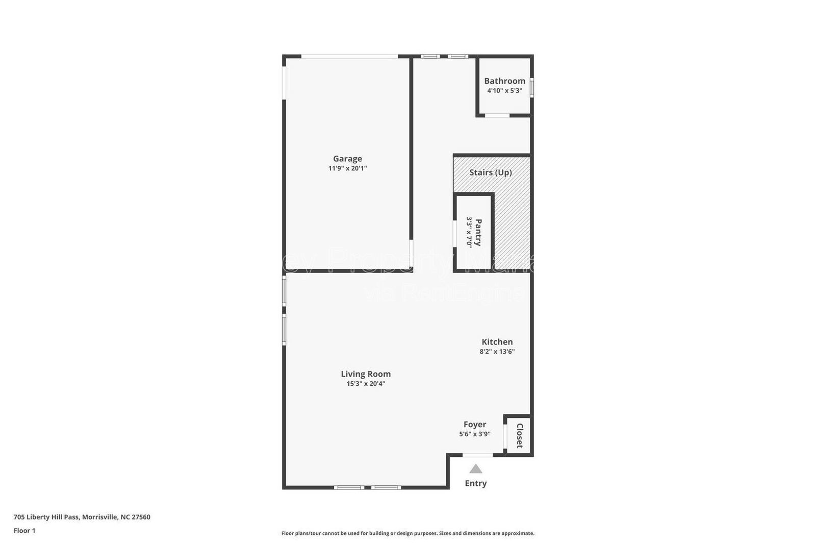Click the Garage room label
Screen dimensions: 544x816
347,159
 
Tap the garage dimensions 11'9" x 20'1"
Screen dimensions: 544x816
347,168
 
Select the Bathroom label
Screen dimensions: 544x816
504,81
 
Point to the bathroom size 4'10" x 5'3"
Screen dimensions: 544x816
504,91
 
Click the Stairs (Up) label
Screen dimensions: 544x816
491,172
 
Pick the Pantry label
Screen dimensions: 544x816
478,232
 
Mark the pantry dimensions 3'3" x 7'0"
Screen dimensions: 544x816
469,232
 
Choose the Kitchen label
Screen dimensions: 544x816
497,342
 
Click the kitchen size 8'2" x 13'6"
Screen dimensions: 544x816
497,352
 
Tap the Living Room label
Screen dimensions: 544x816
366,374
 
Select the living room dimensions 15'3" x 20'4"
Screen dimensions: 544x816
366,384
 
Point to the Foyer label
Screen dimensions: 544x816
475,425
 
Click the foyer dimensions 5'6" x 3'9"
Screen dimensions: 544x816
475,434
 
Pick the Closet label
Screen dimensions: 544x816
520,436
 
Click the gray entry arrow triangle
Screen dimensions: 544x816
476,469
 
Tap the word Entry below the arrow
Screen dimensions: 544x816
476,483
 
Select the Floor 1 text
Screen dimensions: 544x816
24,531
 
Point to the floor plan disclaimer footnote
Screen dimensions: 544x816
408,533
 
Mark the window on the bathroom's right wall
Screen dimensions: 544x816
531,87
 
